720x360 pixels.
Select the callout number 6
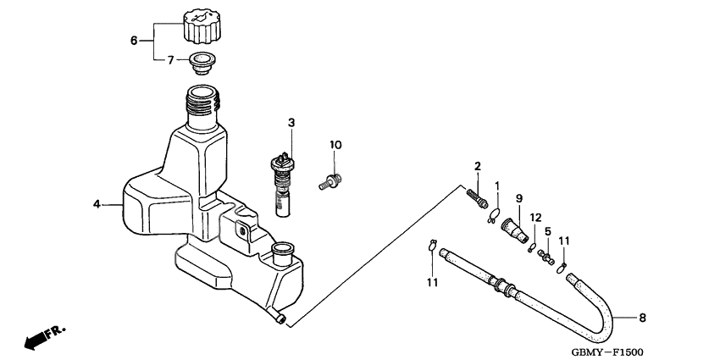[x=133, y=40]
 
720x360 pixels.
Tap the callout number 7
[x=169, y=60]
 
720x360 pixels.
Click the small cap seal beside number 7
[x=202, y=63]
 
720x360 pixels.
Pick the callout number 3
[x=291, y=123]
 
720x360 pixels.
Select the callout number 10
[x=335, y=145]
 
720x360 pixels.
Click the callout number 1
[x=498, y=186]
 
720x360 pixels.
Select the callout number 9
[x=518, y=198]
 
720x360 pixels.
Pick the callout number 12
[x=535, y=217]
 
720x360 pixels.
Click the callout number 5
[x=548, y=230]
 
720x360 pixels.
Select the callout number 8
[x=641, y=318]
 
